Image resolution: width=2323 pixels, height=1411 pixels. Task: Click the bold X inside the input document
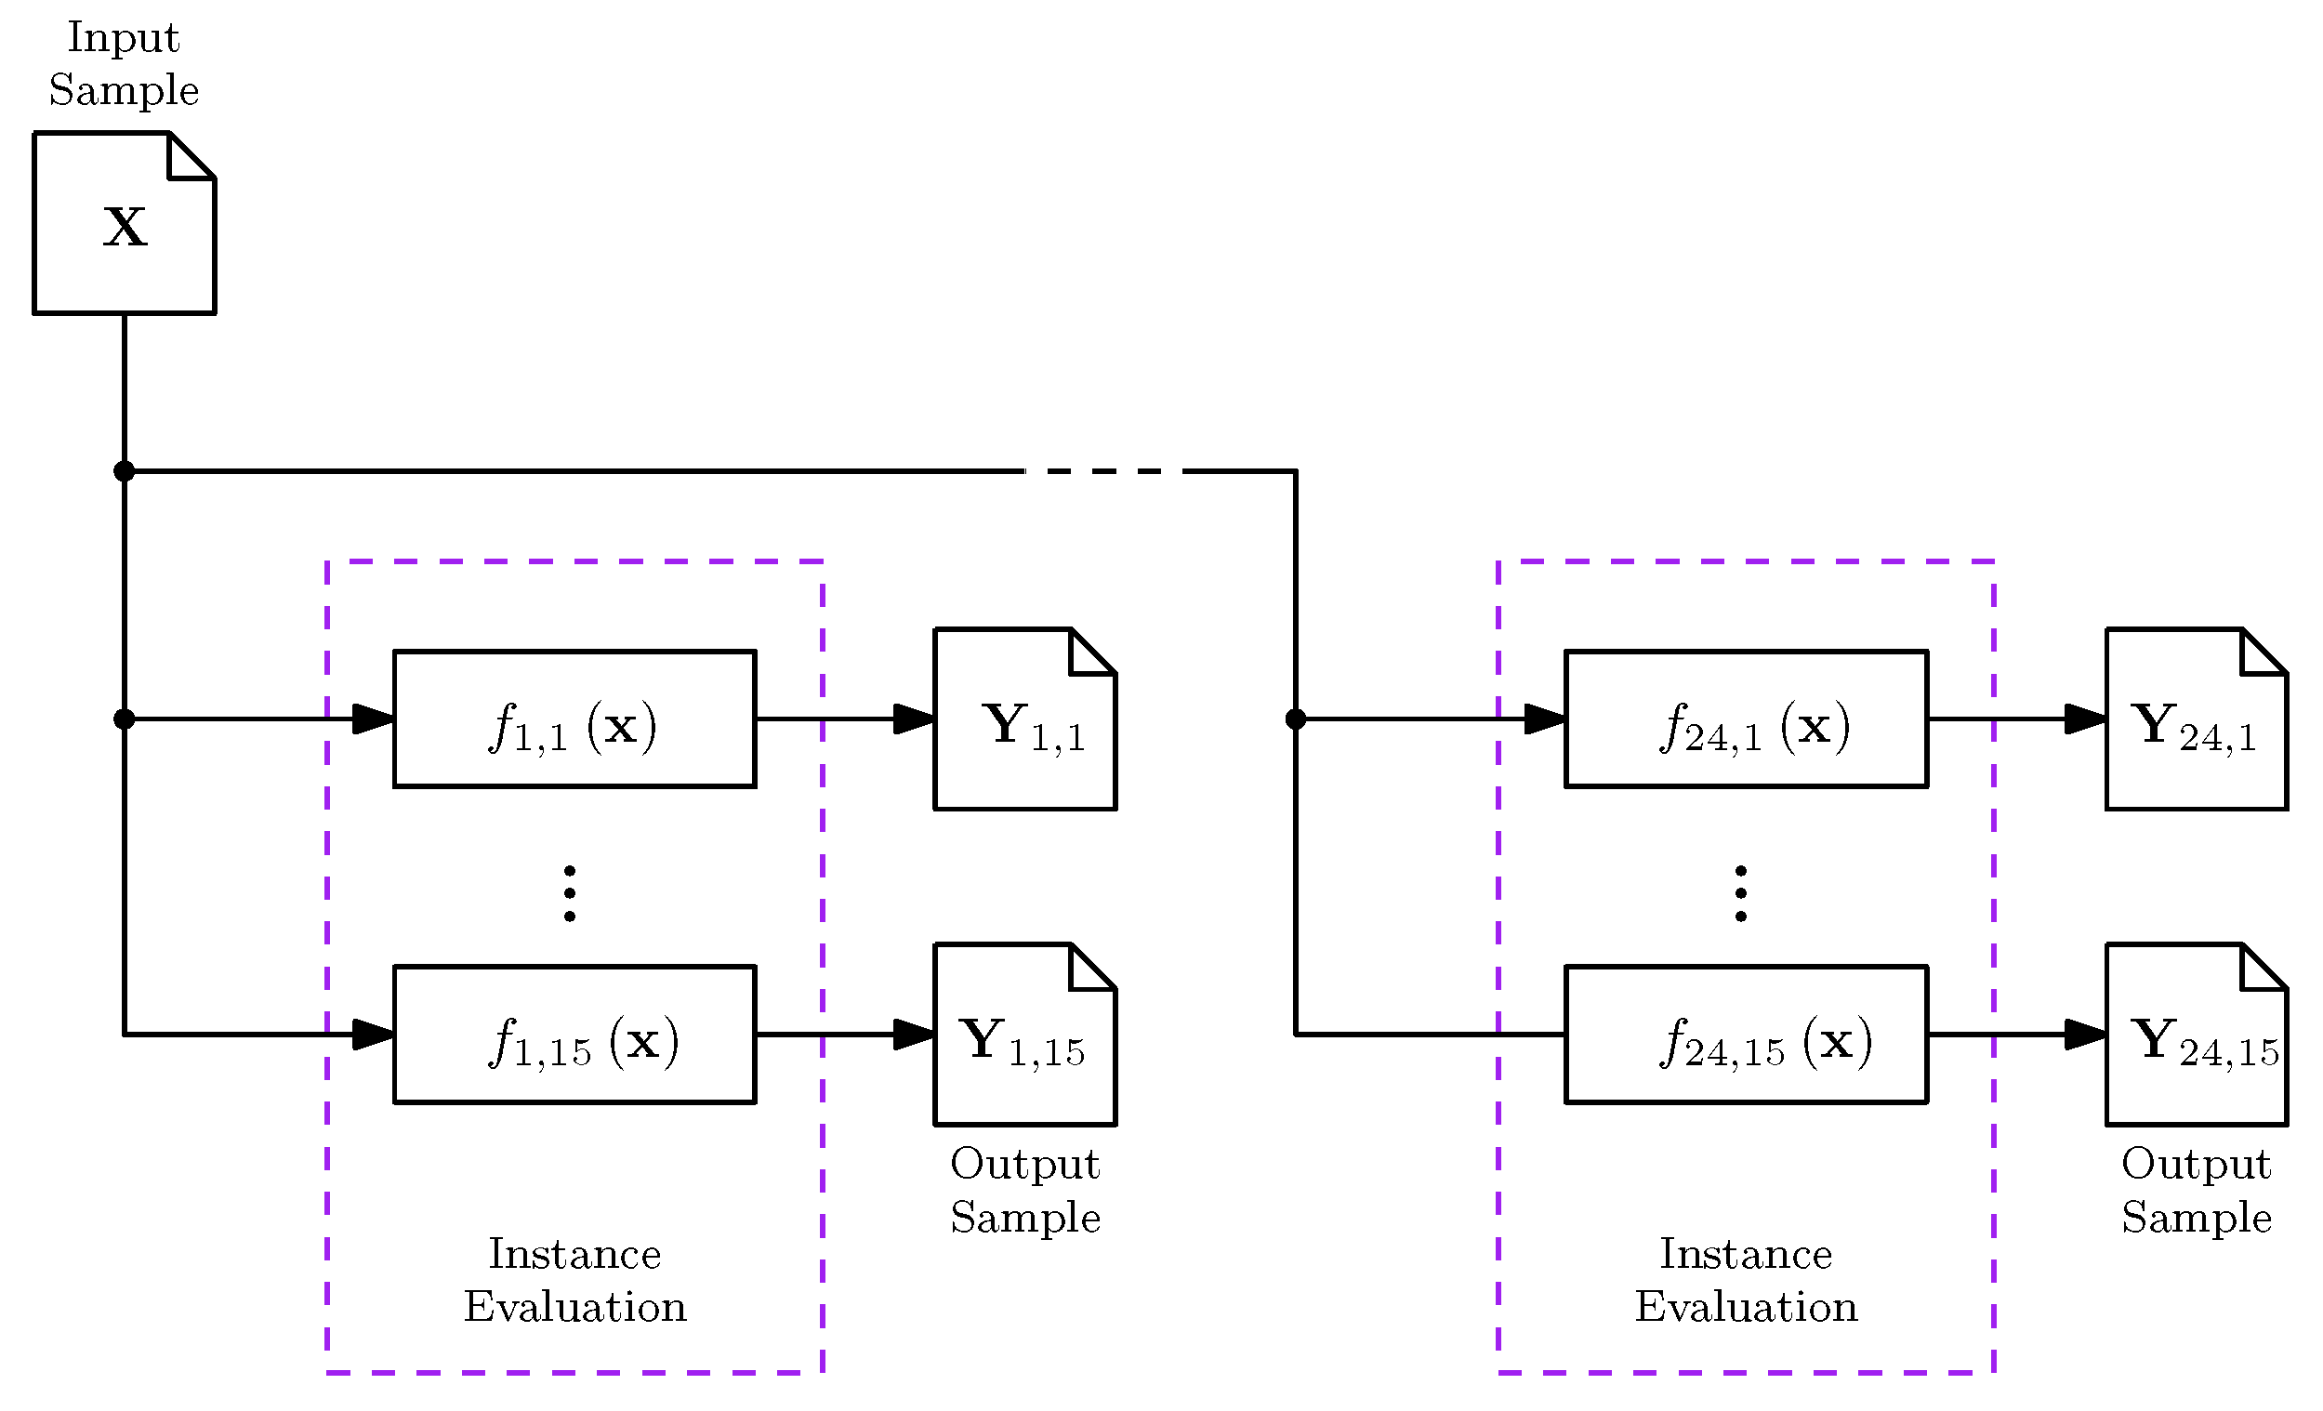coord(125,228)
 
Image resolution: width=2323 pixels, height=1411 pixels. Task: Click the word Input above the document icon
coord(124,38)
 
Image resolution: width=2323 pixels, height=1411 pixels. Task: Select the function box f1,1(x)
coord(574,719)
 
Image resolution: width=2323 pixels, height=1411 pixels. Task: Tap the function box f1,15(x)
coord(574,1035)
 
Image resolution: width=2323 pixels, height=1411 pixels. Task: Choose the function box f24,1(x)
coord(1746,719)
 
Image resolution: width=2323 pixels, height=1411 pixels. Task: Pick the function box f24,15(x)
coord(1746,1035)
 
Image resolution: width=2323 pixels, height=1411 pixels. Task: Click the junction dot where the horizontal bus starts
coord(125,471)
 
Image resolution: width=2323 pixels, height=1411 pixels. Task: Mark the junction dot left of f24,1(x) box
coord(1296,719)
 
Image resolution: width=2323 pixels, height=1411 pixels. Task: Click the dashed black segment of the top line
coord(1103,471)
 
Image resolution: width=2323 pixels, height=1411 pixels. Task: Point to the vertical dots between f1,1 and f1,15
coord(570,892)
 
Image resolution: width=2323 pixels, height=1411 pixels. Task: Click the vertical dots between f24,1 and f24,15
coord(1740,892)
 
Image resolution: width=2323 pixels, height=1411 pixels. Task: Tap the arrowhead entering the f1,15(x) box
coord(374,1035)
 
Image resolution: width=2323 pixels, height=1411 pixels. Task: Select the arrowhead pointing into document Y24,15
coord(2084,1035)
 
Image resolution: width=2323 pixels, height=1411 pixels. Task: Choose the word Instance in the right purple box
coord(1746,1255)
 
